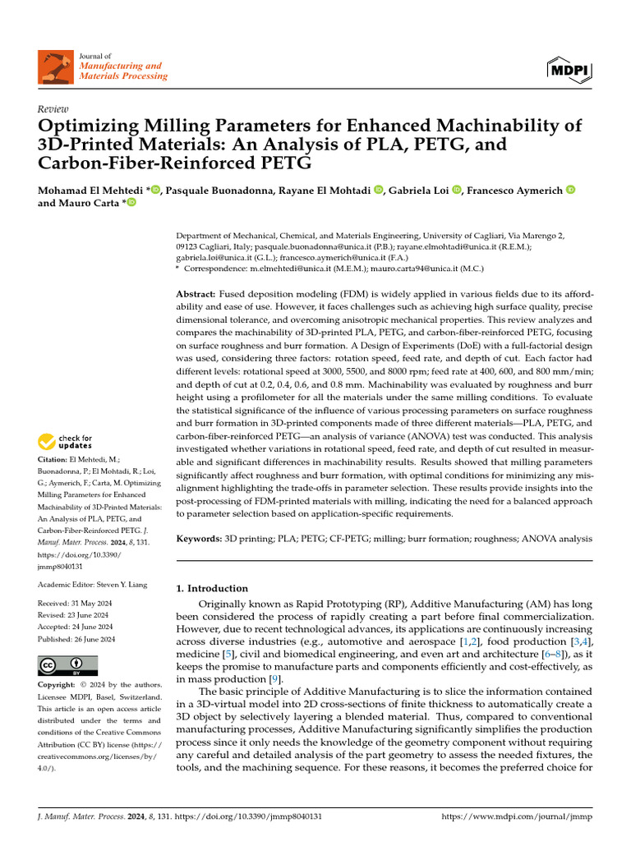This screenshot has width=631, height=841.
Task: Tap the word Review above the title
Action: click(x=53, y=108)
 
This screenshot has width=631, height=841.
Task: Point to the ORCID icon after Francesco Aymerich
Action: click(x=571, y=191)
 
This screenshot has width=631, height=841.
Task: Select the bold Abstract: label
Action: click(x=196, y=293)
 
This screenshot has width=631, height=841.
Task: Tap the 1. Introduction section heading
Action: click(x=212, y=588)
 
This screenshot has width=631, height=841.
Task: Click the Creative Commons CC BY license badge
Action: click(x=67, y=665)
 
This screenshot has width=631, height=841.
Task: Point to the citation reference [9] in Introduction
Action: click(x=276, y=679)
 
